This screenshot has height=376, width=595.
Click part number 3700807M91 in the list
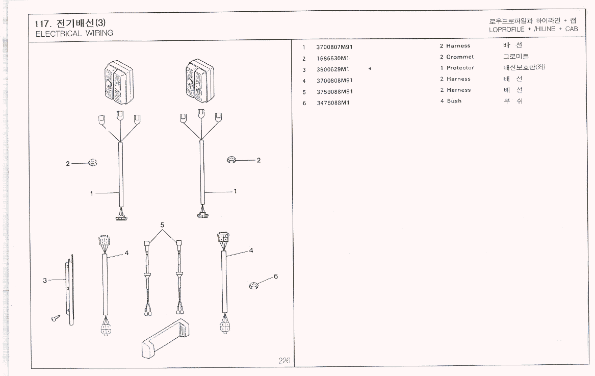pos(334,47)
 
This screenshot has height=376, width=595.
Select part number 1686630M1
pos(332,58)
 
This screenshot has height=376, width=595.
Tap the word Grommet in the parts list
pos(460,57)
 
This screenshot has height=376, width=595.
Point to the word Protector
pos(460,68)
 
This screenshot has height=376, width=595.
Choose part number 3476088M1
pos(332,103)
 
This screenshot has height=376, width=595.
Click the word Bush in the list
pos(454,101)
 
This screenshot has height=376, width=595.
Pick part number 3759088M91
pos(334,92)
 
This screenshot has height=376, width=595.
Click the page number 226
pos(284,361)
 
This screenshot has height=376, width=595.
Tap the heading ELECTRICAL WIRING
pos(74,34)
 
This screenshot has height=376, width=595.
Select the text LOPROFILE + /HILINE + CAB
pos(533,30)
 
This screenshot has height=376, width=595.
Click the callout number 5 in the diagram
pos(162,225)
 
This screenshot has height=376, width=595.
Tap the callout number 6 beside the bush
pos(275,277)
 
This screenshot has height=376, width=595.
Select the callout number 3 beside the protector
pos(45,280)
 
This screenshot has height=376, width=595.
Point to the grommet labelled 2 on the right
pos(232,160)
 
